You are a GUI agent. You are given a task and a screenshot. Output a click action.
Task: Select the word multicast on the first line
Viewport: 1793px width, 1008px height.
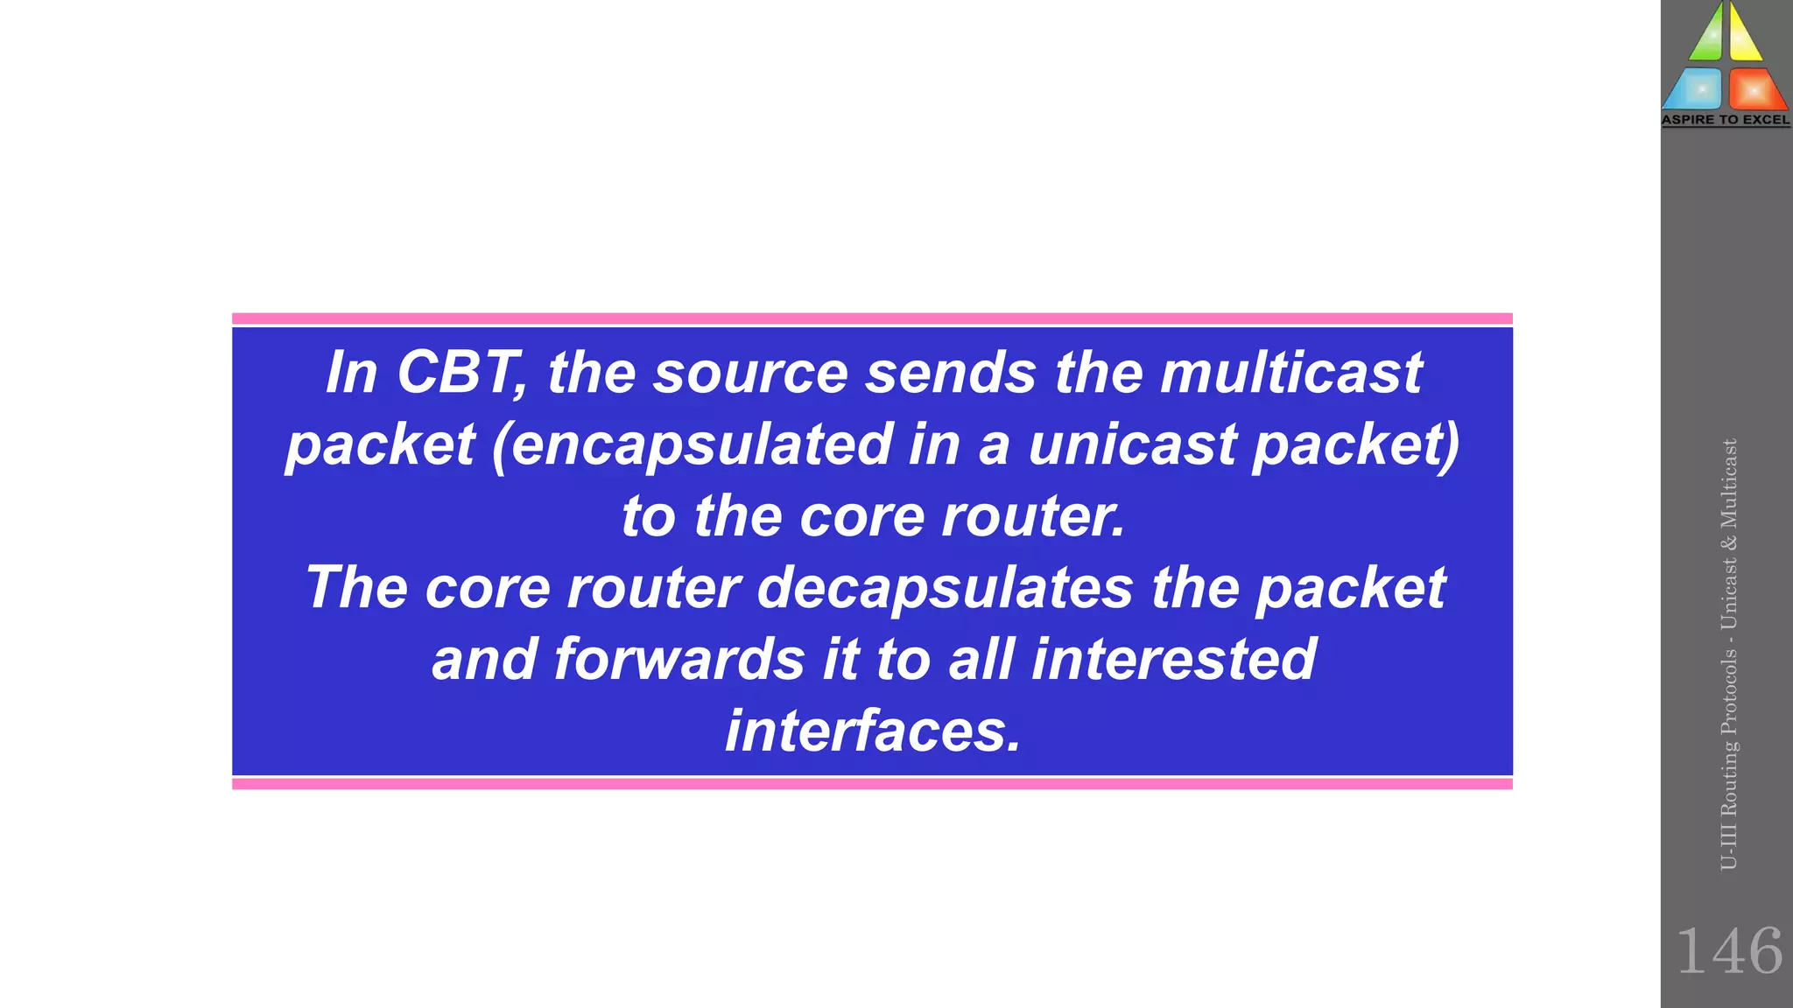pyautogui.click(x=1290, y=374)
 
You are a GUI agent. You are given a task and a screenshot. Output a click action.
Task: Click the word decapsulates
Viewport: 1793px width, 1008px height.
pyautogui.click(x=945, y=588)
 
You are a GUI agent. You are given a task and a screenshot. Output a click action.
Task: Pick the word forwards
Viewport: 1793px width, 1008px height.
pyautogui.click(x=679, y=660)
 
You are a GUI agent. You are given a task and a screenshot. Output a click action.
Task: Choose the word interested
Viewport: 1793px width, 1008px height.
pyautogui.click(x=1173, y=660)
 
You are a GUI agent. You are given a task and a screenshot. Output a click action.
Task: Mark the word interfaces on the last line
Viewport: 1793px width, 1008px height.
pyautogui.click(x=872, y=731)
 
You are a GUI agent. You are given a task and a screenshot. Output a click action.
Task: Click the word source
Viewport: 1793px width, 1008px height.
pyautogui.click(x=750, y=374)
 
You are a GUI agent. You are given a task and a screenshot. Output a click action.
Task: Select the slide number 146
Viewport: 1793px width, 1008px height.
pyautogui.click(x=1728, y=951)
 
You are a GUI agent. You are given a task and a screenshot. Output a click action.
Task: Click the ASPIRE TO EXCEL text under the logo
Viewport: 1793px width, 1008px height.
pyautogui.click(x=1726, y=120)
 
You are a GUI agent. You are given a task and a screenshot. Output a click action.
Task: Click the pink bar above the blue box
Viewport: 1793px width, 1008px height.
pyautogui.click(x=872, y=318)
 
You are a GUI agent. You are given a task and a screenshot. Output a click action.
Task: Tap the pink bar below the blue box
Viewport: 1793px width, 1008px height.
pyautogui.click(x=872, y=784)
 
